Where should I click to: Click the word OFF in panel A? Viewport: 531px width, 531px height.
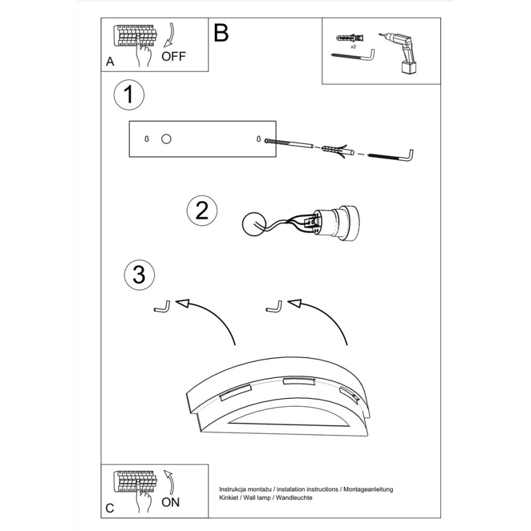tap(173, 56)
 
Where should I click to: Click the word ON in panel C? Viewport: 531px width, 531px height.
tap(171, 502)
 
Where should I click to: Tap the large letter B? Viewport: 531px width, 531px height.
tap(221, 33)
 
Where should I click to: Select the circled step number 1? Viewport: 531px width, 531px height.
tap(128, 95)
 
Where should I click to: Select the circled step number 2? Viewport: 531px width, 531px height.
tap(202, 210)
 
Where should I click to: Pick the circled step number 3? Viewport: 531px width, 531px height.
tap(139, 275)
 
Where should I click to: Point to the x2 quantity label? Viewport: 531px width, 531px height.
tap(353, 46)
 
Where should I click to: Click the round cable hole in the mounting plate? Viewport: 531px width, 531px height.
tap(166, 139)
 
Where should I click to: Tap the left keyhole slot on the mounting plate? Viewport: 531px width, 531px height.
tap(147, 139)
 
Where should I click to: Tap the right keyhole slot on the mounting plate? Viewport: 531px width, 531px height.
tap(258, 139)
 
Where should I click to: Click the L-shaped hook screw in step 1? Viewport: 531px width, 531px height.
tap(391, 156)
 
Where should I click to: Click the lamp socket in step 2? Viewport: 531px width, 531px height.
tap(336, 223)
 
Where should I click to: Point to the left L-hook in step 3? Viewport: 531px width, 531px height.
tap(162, 307)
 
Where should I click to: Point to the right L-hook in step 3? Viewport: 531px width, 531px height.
tap(274, 306)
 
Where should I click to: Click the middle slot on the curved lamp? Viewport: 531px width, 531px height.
tap(298, 381)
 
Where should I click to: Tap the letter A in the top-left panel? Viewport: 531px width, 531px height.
tap(110, 62)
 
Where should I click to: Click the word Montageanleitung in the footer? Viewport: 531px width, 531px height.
tap(368, 489)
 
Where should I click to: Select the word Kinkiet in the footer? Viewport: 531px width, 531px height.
tap(229, 498)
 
